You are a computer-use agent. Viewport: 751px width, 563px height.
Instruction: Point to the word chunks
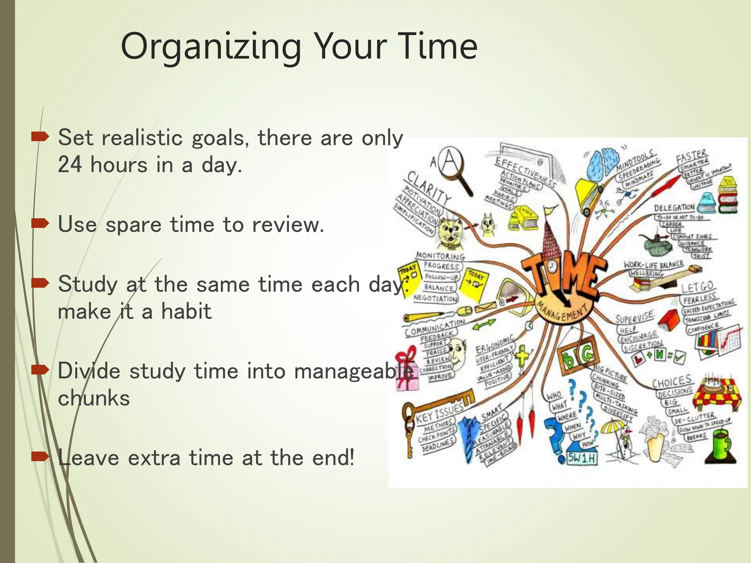94,398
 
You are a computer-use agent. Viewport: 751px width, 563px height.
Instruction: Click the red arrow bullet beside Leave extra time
40,457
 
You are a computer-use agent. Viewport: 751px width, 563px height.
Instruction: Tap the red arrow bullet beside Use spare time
40,223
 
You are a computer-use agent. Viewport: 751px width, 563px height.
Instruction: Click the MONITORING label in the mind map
440,256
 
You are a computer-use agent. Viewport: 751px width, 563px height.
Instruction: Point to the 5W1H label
582,458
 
